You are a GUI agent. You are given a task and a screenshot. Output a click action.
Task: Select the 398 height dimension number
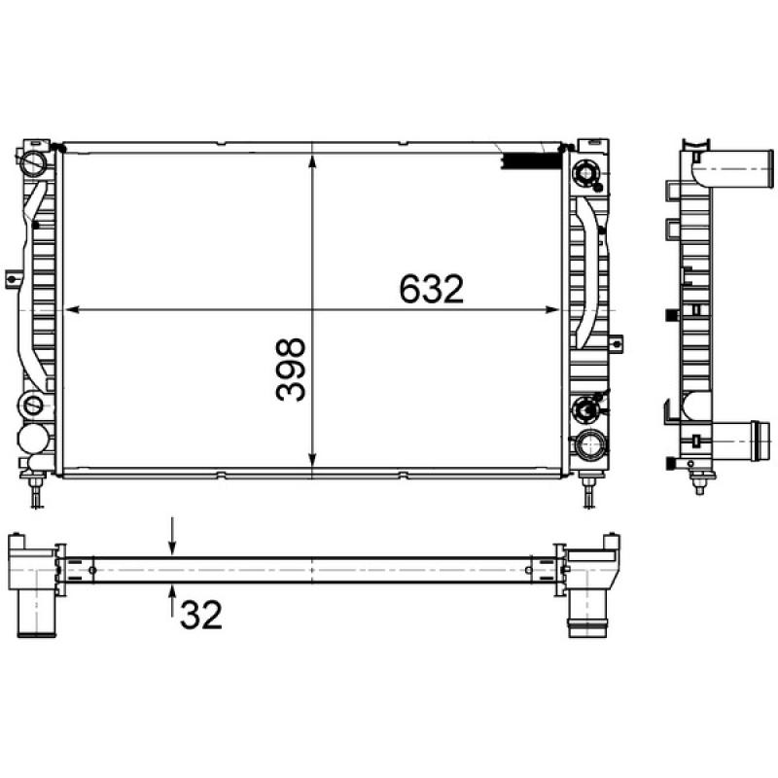[290, 371]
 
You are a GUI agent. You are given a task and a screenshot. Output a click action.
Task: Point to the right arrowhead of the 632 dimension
[556, 311]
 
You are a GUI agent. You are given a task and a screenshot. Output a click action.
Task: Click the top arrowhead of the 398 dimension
[311, 156]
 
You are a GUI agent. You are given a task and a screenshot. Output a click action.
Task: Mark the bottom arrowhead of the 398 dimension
[311, 465]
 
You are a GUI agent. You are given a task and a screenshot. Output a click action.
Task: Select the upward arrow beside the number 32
[172, 595]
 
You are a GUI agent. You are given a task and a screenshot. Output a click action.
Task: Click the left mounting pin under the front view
[37, 490]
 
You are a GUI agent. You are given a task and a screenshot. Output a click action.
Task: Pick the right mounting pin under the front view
[589, 490]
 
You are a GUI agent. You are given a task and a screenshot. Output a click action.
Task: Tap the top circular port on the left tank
[35, 161]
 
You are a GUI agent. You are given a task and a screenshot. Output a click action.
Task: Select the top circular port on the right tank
[588, 173]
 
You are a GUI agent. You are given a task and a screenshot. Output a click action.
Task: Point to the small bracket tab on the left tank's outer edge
[12, 278]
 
